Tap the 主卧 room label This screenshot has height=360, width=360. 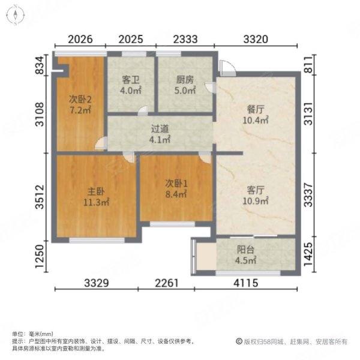pos(91,191)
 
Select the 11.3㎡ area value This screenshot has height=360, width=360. pos(91,202)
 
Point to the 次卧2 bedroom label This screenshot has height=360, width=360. pos(79,100)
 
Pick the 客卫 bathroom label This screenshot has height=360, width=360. pos(131,80)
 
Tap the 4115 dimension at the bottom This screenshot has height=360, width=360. pos(256,283)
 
